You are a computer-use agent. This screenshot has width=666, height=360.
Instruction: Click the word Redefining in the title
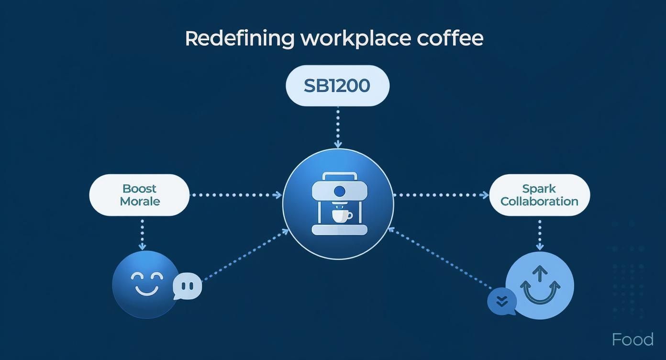(240, 39)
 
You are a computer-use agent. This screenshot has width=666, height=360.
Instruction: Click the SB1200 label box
(337, 86)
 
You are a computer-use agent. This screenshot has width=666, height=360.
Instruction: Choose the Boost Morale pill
(139, 195)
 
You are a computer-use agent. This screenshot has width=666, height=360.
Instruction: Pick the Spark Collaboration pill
(539, 195)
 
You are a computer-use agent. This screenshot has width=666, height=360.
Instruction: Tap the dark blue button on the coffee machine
(340, 191)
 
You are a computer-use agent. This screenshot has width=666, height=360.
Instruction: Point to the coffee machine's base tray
(340, 230)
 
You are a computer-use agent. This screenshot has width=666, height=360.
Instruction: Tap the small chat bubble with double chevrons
(502, 302)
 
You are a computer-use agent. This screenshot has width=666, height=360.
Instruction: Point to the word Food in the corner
(633, 339)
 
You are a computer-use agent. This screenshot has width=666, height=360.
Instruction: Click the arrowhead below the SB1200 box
(338, 145)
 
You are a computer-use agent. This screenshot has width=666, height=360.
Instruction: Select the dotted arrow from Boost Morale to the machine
(236, 195)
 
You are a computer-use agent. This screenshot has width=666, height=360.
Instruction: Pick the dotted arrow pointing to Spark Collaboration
(441, 195)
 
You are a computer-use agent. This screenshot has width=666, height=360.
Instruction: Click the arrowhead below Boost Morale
(142, 247)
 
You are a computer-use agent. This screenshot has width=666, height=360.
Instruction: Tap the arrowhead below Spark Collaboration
(540, 247)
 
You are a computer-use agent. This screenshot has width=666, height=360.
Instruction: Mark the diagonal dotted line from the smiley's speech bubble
(246, 255)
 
